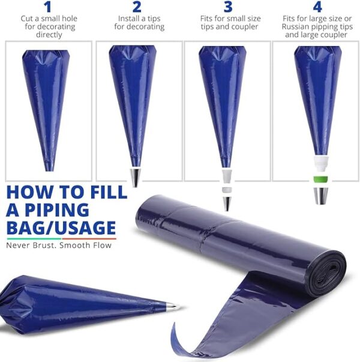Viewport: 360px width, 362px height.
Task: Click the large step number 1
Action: tap(48, 7)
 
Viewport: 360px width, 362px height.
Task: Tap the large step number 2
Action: tap(137, 7)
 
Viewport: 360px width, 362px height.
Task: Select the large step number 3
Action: tap(228, 7)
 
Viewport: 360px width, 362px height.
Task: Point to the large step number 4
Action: tap(317, 7)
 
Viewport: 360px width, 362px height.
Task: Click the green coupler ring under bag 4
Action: tap(320, 179)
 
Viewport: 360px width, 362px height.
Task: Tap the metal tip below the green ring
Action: tap(321, 196)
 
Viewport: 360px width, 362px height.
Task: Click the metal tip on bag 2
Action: tap(136, 177)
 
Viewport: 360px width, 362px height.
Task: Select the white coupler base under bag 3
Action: tap(227, 177)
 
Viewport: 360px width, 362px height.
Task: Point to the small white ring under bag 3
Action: tap(227, 190)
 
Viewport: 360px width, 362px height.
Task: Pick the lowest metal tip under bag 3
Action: tap(227, 204)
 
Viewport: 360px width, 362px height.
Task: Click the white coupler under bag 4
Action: tap(321, 164)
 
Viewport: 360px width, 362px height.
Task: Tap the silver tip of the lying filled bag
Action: tap(173, 307)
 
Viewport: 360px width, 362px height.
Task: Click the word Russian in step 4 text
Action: tap(296, 26)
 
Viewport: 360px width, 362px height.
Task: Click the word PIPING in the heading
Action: tap(57, 210)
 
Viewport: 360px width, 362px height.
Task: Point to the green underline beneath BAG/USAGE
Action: tap(34, 239)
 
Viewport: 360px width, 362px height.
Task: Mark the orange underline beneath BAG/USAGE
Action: tap(89, 239)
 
